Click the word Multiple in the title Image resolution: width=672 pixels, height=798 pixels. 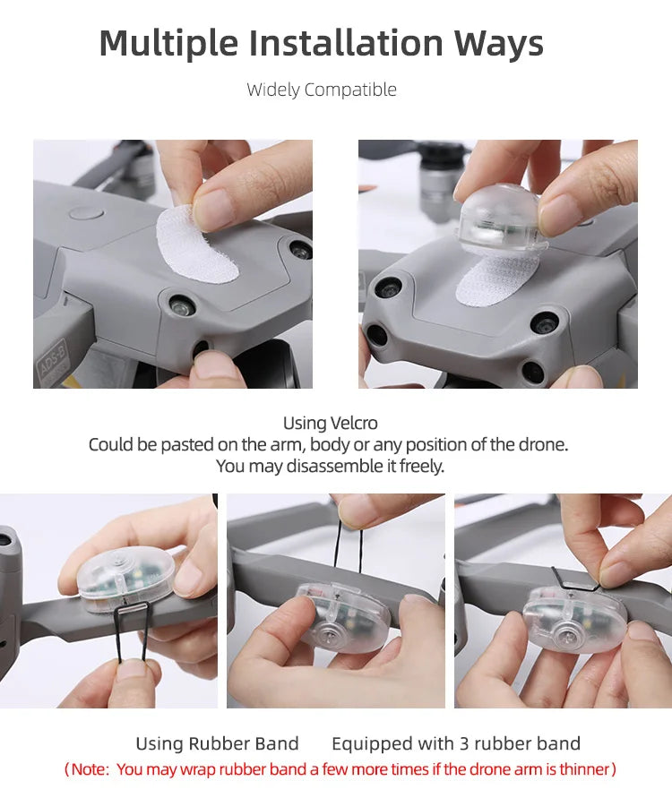coord(168,44)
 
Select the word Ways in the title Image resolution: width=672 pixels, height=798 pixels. coord(498,44)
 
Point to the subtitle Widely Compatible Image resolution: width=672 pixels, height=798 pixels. coord(322,90)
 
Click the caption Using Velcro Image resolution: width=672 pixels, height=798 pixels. coord(330,423)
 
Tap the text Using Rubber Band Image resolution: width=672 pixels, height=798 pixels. coord(217,743)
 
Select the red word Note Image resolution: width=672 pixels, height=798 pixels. coord(90,769)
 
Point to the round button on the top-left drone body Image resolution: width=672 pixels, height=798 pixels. coord(82,214)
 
